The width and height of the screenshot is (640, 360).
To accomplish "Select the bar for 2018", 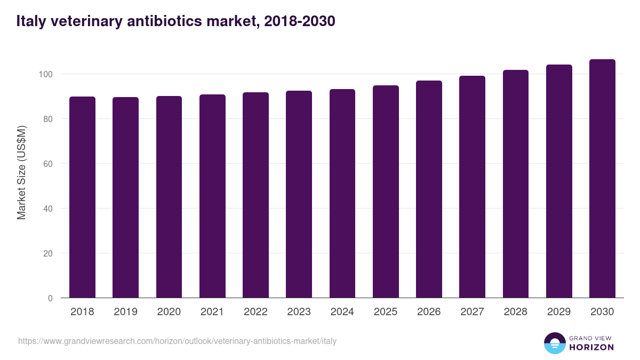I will [82, 197].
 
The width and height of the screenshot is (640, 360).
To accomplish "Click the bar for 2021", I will [212, 196].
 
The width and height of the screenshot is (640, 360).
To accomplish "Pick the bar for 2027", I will [472, 187].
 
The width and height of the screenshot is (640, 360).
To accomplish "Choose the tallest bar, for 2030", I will [602, 179].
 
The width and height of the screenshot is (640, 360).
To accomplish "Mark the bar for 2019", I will [125, 197].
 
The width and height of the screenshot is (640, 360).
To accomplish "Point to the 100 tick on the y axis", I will [47, 74].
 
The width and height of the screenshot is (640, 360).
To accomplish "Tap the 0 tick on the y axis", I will [50, 298].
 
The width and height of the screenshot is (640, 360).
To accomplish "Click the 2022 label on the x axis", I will [255, 312].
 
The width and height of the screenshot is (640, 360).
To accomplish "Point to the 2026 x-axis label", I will [429, 312].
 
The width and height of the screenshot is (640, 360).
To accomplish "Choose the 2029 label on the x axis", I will [559, 312].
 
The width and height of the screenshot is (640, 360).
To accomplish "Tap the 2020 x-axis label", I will [169, 312].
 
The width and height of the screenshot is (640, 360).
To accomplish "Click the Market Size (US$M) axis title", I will [21, 172].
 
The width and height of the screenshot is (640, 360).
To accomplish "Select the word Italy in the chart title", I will [30, 21].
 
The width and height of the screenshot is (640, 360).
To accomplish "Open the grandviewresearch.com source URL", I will [177, 341].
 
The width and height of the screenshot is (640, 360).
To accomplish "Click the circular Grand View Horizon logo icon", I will [554, 343].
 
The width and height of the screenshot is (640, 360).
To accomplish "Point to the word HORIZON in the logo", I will [592, 347].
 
